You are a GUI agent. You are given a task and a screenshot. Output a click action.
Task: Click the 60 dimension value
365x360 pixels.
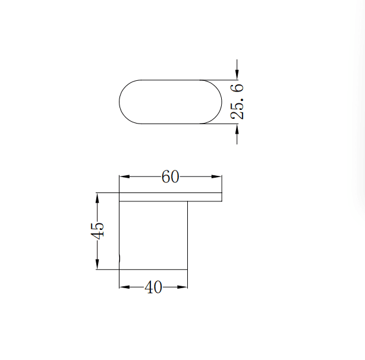point(171,177)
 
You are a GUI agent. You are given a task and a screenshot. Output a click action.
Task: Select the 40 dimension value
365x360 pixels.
point(153,287)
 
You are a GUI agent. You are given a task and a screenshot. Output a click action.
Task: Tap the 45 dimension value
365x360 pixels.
point(99,230)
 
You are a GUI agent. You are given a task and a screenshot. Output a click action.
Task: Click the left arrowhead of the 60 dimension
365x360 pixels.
point(124,177)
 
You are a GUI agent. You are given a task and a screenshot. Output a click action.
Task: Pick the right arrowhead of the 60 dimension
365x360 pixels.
point(218,177)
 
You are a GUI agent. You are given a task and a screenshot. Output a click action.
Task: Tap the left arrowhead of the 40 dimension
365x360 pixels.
point(124,287)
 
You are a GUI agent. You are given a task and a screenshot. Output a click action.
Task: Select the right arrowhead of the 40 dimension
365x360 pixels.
point(184,287)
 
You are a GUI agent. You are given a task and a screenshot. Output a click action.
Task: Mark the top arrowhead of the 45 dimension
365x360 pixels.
point(96,196)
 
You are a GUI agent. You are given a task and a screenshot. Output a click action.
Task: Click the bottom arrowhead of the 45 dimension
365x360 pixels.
point(96,265)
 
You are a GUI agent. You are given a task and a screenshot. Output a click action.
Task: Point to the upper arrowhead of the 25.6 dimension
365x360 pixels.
point(237,75)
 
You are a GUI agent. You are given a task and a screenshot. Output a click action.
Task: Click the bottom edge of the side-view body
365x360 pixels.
point(153,269)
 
